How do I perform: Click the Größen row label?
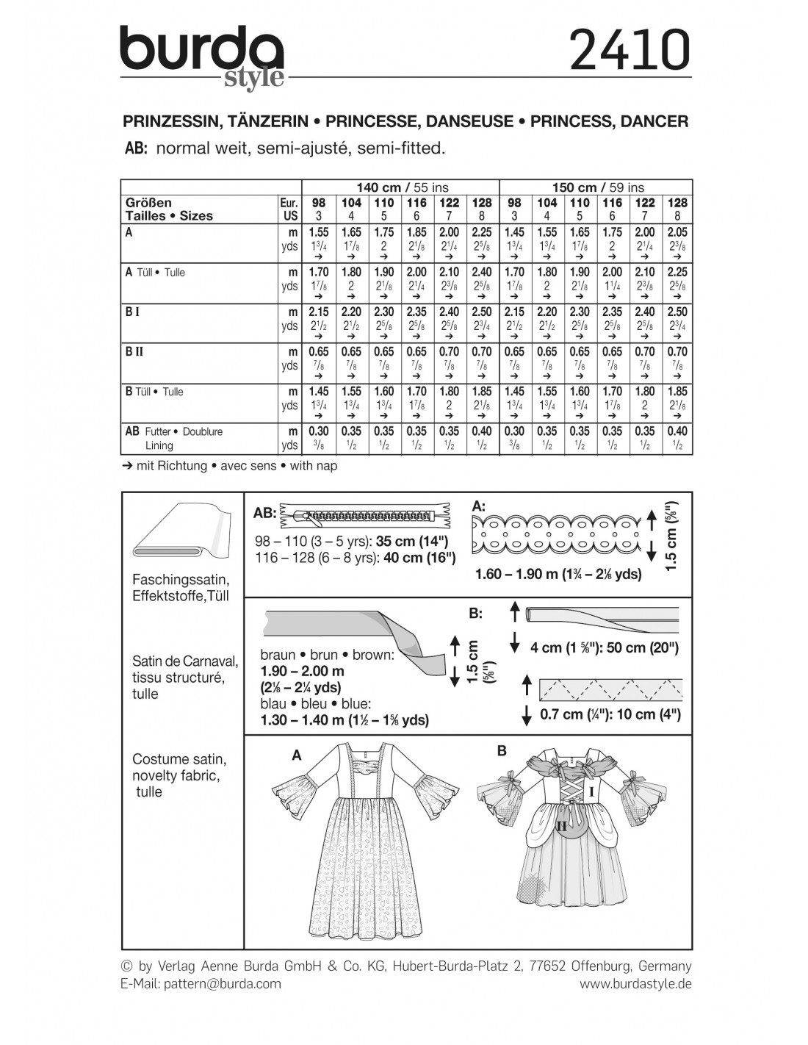coord(148,202)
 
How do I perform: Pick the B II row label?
coord(134,351)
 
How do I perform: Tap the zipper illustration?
coord(365,516)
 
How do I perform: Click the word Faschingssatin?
coord(180,579)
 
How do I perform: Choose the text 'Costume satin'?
coord(178,759)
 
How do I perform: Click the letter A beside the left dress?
coord(297,755)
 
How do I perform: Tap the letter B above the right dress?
coord(502,750)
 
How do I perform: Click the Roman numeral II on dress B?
coord(562,826)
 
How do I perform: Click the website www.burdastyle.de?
coord(635,983)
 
